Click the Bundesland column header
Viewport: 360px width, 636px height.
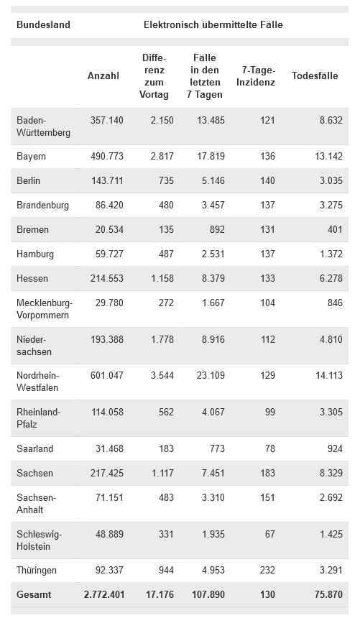tap(43, 24)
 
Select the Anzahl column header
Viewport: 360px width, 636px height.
tap(103, 76)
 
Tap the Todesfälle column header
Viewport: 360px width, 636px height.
tap(315, 76)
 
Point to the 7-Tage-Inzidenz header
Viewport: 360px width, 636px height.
tap(256, 76)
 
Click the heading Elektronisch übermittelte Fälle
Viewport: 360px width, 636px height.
tap(213, 24)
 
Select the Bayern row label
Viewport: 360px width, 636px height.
tap(31, 157)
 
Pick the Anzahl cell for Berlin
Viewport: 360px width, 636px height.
tap(107, 180)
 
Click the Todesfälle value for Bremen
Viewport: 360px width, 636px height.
tap(335, 229)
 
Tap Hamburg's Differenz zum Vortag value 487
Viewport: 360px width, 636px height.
tap(166, 254)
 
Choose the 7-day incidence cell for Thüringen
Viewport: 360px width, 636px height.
tap(267, 571)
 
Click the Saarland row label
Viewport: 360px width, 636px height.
tap(35, 448)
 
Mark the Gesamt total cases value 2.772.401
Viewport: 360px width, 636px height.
tap(104, 594)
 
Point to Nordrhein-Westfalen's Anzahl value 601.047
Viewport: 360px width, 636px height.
tap(107, 375)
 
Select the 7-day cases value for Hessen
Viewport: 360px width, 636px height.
tap(213, 278)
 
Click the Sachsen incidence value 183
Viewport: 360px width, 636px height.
tap(267, 473)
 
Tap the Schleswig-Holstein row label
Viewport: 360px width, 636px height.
tap(40, 540)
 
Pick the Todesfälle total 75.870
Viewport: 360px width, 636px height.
tap(328, 594)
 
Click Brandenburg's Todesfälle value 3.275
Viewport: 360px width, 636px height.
tap(331, 206)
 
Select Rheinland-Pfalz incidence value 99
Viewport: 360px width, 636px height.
tap(270, 412)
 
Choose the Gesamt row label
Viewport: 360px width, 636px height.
tap(34, 594)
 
